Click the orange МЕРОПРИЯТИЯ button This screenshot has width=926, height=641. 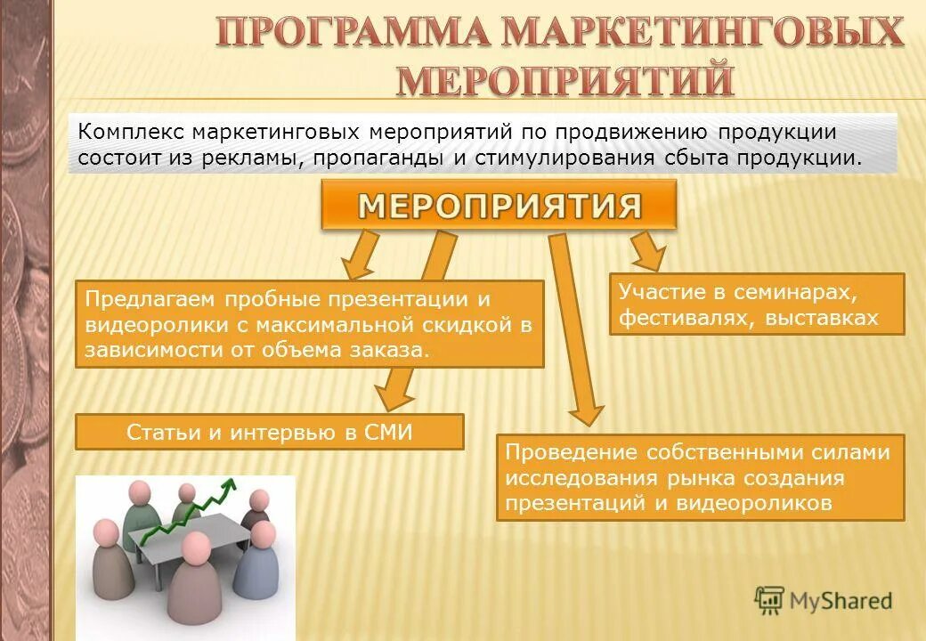pyautogui.click(x=500, y=207)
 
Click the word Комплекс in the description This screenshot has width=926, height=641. pyautogui.click(x=131, y=132)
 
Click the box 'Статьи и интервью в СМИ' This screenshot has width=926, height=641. pyautogui.click(x=270, y=432)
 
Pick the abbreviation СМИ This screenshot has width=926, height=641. pyautogui.click(x=390, y=432)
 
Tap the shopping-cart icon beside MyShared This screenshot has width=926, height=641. pyautogui.click(x=768, y=599)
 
